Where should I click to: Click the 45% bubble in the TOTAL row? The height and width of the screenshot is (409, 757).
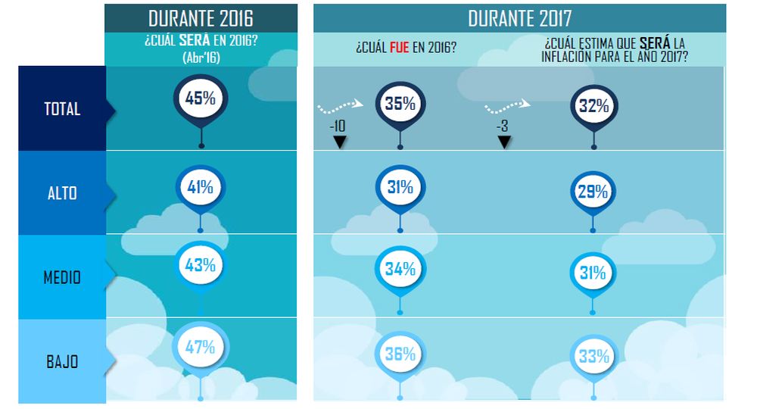[201, 99]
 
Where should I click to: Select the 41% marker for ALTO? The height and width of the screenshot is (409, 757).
[201, 187]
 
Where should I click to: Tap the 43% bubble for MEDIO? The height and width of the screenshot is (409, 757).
[201, 265]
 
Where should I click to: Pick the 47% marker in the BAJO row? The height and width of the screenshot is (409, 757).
[201, 348]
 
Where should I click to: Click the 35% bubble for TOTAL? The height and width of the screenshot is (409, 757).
[400, 104]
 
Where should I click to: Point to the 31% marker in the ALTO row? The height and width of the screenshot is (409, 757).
[400, 186]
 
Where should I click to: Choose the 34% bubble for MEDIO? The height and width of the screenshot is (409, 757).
[400, 269]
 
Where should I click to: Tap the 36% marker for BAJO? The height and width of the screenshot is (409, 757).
[400, 354]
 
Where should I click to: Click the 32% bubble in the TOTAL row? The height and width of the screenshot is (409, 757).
[593, 106]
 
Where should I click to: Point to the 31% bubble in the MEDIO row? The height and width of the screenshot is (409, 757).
[593, 273]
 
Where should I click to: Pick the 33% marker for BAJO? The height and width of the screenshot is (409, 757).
[593, 355]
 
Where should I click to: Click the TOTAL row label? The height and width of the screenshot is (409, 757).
[62, 109]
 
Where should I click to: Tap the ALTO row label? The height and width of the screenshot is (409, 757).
[62, 192]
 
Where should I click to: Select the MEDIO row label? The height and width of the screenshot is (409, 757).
[62, 277]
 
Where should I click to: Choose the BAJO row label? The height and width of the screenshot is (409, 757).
[62, 361]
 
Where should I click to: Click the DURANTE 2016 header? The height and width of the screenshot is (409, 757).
[201, 17]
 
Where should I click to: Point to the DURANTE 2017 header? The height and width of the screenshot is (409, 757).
[519, 17]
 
